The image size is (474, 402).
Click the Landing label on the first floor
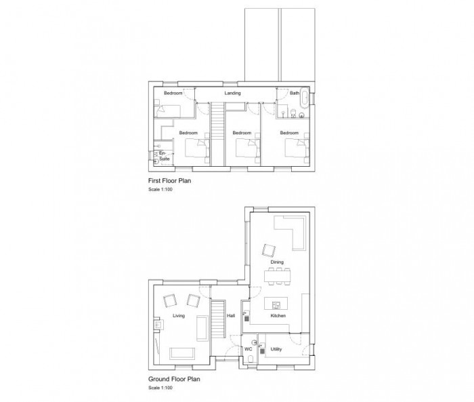(233, 93)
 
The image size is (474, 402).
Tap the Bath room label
(295, 93)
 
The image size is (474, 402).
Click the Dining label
(277, 262)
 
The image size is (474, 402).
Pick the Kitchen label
(278, 316)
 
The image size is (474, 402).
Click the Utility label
(276, 349)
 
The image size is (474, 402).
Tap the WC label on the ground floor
(249, 349)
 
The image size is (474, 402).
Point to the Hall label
(231, 316)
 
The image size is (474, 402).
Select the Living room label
(179, 316)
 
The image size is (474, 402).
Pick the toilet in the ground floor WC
(250, 360)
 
